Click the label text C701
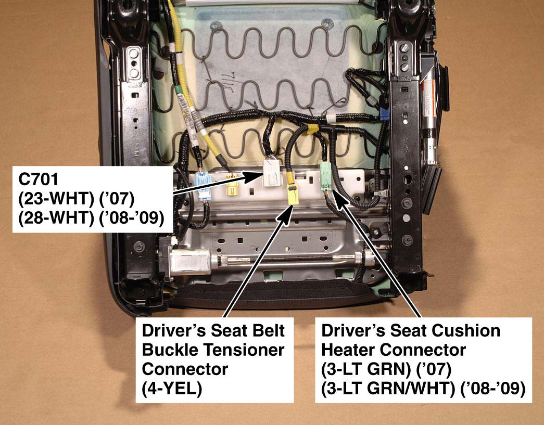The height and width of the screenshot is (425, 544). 39,179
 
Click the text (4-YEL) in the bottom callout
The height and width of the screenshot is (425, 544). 172,389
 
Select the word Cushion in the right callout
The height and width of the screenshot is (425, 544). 466,330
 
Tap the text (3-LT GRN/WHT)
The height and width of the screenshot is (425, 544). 388,389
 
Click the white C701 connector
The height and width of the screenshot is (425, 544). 272,172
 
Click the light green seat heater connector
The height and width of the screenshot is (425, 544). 326,176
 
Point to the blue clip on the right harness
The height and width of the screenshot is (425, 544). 384,113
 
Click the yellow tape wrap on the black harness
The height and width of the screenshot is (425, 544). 312,129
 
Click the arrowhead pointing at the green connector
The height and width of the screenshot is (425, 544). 341,199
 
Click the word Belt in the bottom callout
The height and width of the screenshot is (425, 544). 269,330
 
